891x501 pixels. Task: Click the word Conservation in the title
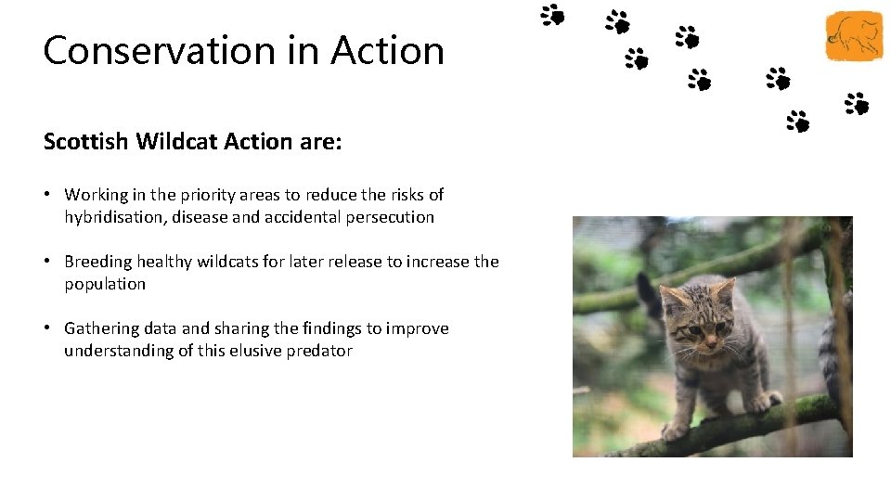tap(157, 50)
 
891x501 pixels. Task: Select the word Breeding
tap(99, 262)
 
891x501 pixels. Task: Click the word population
tap(105, 284)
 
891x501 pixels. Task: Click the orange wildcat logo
tap(854, 36)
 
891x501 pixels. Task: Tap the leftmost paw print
tap(553, 14)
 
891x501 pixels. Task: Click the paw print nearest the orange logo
tap(856, 103)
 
